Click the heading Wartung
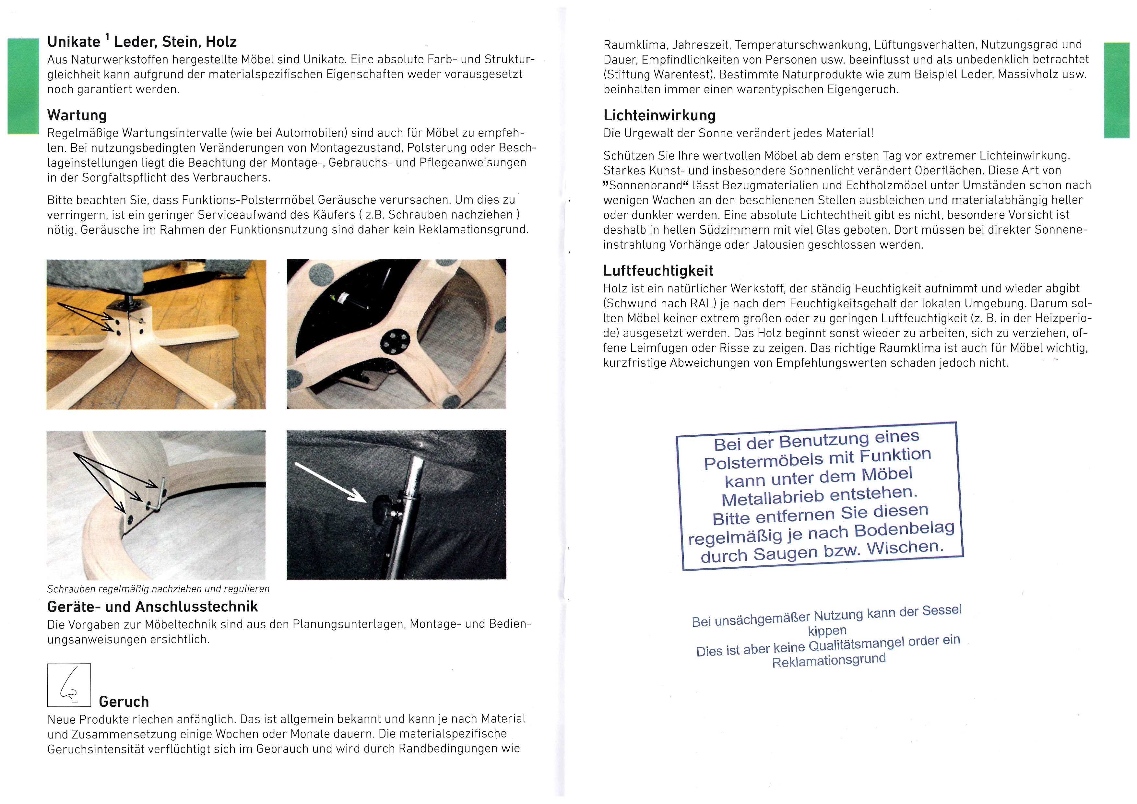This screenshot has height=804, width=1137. (x=77, y=115)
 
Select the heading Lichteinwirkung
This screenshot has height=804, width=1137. (x=659, y=115)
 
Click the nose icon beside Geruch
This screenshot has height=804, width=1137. (x=69, y=685)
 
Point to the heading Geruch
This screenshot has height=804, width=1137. (x=124, y=702)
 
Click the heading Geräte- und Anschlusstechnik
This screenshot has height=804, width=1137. (x=152, y=607)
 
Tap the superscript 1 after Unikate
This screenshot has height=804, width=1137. (x=107, y=38)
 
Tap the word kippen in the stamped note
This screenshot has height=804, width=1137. (x=827, y=631)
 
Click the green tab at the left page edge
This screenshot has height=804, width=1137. (x=23, y=86)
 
